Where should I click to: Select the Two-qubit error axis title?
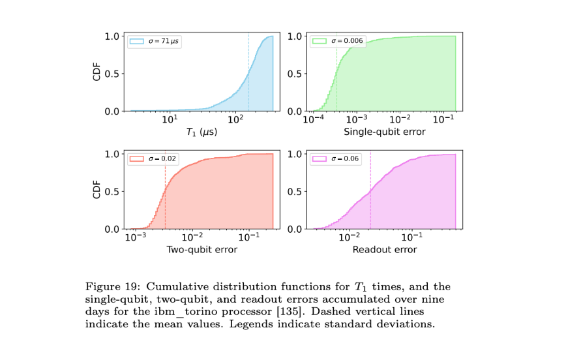click(x=201, y=250)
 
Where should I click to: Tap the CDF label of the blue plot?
click(x=97, y=73)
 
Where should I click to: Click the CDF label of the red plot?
click(x=97, y=191)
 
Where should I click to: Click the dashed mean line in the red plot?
click(x=165, y=196)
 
